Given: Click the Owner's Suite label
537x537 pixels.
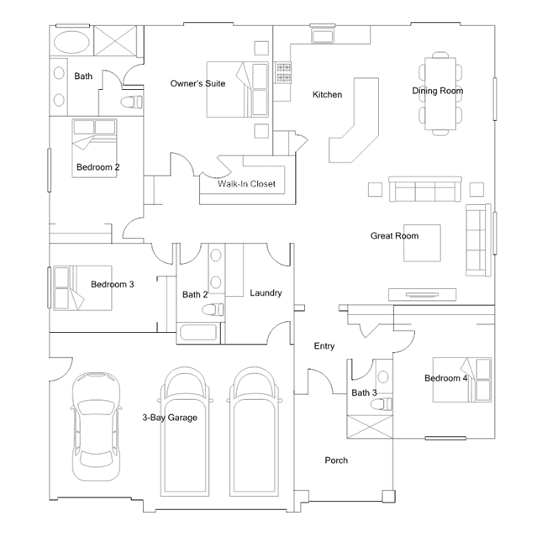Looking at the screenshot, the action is (197, 83).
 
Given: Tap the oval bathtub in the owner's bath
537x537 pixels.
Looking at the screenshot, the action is (71, 42).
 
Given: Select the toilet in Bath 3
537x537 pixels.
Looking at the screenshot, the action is (382, 403).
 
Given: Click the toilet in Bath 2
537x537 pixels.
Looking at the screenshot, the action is (213, 309).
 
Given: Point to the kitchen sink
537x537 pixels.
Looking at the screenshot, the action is (322, 35).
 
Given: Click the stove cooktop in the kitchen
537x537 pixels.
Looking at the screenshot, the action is (283, 72).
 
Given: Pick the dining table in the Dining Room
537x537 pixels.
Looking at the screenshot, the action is (440, 93).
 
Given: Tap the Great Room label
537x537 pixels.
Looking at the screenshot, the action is (394, 236).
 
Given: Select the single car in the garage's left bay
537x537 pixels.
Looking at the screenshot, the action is (97, 427).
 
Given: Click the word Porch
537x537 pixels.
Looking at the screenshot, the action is (336, 461).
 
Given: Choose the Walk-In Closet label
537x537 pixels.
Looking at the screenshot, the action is (246, 184).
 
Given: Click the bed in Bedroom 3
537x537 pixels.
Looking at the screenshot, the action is (82, 288).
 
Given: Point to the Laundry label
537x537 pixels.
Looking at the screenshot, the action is (266, 293).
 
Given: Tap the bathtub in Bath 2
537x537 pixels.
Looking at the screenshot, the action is (198, 332).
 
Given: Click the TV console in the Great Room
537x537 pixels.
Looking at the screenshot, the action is (422, 294).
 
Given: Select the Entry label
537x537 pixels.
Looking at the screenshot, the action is (324, 346).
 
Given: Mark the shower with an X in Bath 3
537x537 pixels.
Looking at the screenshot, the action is (370, 427).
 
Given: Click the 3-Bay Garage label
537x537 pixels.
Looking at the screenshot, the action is (170, 418).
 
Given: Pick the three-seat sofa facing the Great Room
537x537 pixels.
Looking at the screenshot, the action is (425, 189).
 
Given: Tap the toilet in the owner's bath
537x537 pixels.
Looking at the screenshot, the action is (131, 102).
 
